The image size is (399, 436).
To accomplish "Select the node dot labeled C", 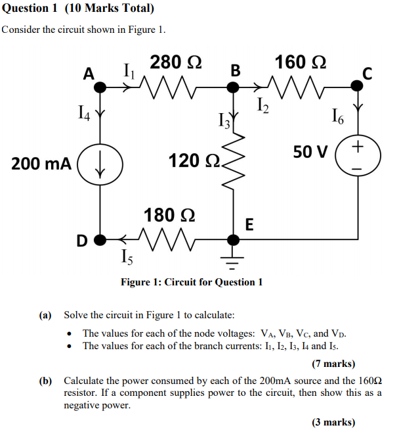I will pyautogui.click(x=358, y=84).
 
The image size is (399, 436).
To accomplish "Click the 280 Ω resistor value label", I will pyautogui.click(x=175, y=63).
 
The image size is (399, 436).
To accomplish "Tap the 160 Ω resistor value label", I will pyautogui.click(x=301, y=62).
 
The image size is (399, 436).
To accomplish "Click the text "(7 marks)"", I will pyautogui.click(x=333, y=364).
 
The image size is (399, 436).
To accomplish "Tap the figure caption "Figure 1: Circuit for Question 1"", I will pyautogui.click(x=192, y=282).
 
